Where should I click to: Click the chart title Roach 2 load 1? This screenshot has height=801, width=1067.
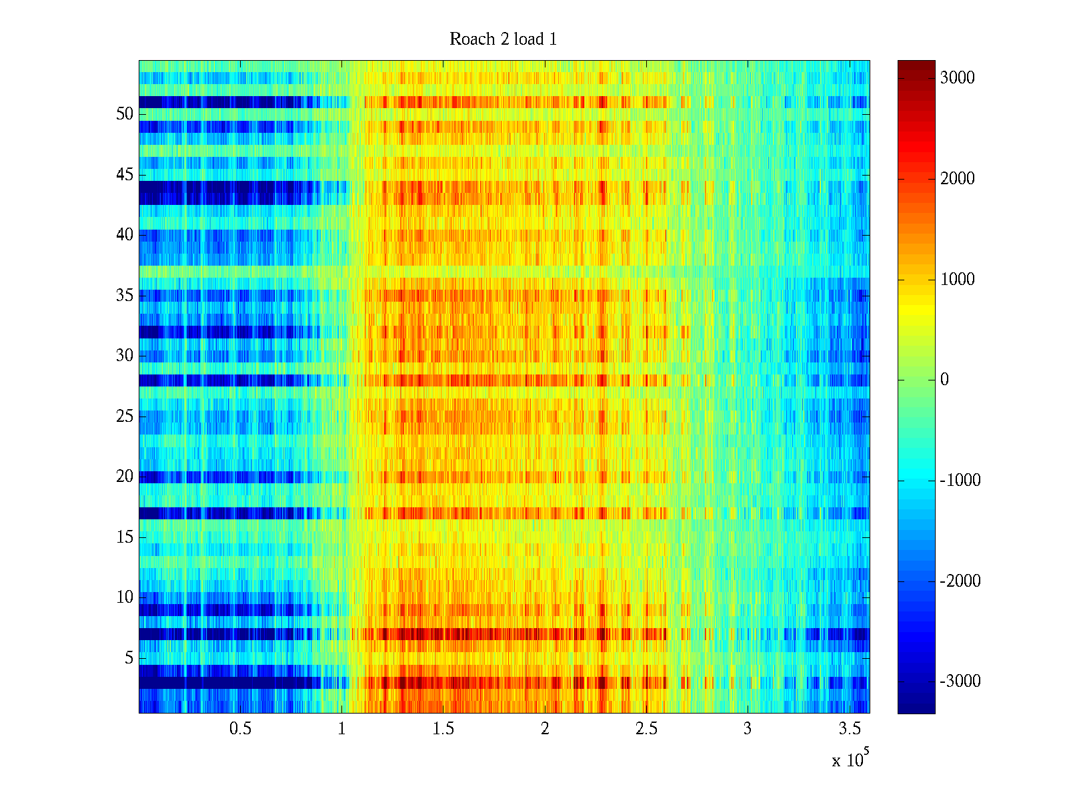click(x=503, y=39)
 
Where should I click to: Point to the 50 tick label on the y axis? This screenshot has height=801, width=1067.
click(x=125, y=114)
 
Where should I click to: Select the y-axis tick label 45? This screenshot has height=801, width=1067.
click(x=125, y=175)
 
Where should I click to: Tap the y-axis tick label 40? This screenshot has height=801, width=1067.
click(x=125, y=235)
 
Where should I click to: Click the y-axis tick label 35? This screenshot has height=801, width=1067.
click(x=125, y=296)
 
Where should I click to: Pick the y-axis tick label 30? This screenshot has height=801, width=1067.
click(x=125, y=356)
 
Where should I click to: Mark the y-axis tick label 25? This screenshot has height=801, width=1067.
click(x=125, y=417)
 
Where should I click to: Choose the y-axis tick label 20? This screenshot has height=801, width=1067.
click(x=125, y=477)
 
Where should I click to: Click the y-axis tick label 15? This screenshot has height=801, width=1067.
click(x=125, y=537)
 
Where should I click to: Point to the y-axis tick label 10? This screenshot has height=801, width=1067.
click(x=125, y=597)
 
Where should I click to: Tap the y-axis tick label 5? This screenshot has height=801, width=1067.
click(x=129, y=658)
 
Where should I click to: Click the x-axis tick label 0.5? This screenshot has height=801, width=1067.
click(x=240, y=729)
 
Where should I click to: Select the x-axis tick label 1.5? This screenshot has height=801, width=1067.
click(x=443, y=729)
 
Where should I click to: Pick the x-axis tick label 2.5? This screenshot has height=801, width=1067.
click(x=646, y=729)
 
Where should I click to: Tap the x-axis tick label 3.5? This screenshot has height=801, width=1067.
click(x=849, y=729)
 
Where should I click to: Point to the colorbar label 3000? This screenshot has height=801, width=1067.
click(x=958, y=78)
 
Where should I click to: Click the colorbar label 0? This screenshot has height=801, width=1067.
click(x=944, y=380)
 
